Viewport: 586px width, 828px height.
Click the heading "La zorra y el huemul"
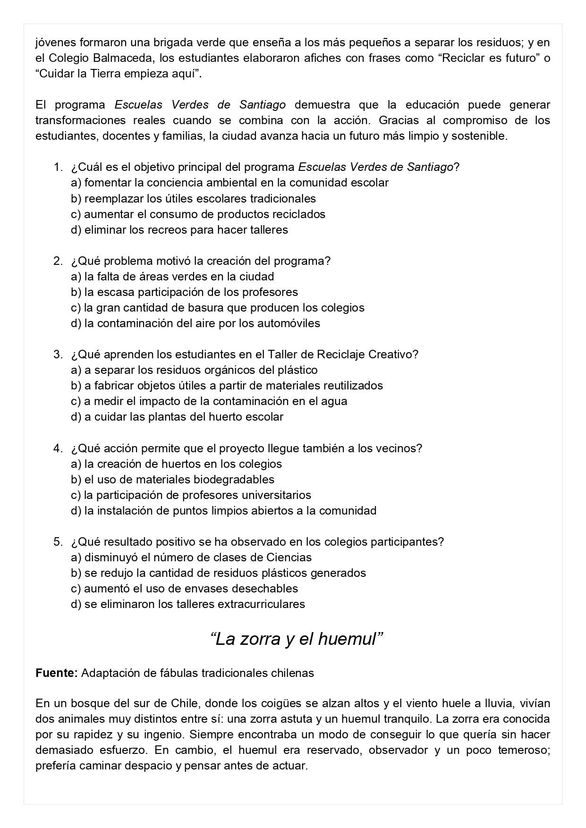pyautogui.click(x=296, y=639)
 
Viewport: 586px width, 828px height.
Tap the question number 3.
pyautogui.click(x=58, y=354)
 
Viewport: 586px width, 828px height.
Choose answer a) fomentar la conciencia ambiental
pyautogui.click(x=229, y=183)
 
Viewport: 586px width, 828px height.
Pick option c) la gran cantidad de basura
pyautogui.click(x=218, y=308)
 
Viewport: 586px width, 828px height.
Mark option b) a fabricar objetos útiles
pyautogui.click(x=227, y=386)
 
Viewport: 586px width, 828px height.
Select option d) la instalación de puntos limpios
pyautogui.click(x=223, y=511)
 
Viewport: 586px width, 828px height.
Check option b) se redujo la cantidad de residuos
pyautogui.click(x=218, y=573)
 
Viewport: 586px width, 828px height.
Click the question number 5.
pyautogui.click(x=58, y=541)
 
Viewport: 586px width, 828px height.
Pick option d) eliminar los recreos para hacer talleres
pyautogui.click(x=179, y=230)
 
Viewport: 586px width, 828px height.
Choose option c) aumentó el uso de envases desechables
pyautogui.click(x=184, y=589)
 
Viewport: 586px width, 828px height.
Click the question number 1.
pyautogui.click(x=58, y=167)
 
